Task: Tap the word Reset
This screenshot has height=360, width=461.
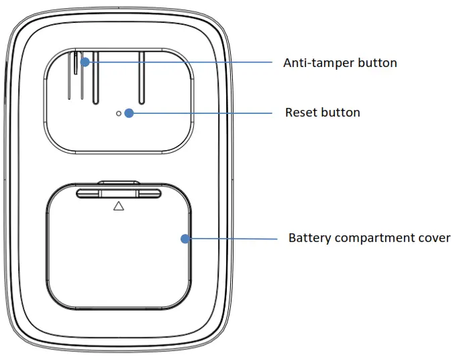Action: pyautogui.click(x=300, y=113)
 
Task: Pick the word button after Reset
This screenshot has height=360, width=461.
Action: pyautogui.click(x=342, y=113)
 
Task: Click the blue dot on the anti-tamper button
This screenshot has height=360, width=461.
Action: pyautogui.click(x=85, y=62)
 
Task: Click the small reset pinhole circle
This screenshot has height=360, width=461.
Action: pyautogui.click(x=119, y=114)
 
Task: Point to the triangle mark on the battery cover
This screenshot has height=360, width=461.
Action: pyautogui.click(x=119, y=206)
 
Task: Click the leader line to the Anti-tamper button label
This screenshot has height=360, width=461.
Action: pyautogui.click(x=181, y=62)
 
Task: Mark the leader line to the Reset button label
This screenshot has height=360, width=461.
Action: pyautogui.click(x=201, y=113)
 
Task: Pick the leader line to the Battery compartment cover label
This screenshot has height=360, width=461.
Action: pyautogui.click(x=232, y=238)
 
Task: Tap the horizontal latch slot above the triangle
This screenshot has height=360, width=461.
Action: pyautogui.click(x=119, y=193)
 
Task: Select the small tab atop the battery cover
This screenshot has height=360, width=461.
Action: pyautogui.click(x=119, y=182)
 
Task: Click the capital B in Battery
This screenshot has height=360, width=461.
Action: pyautogui.click(x=292, y=238)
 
